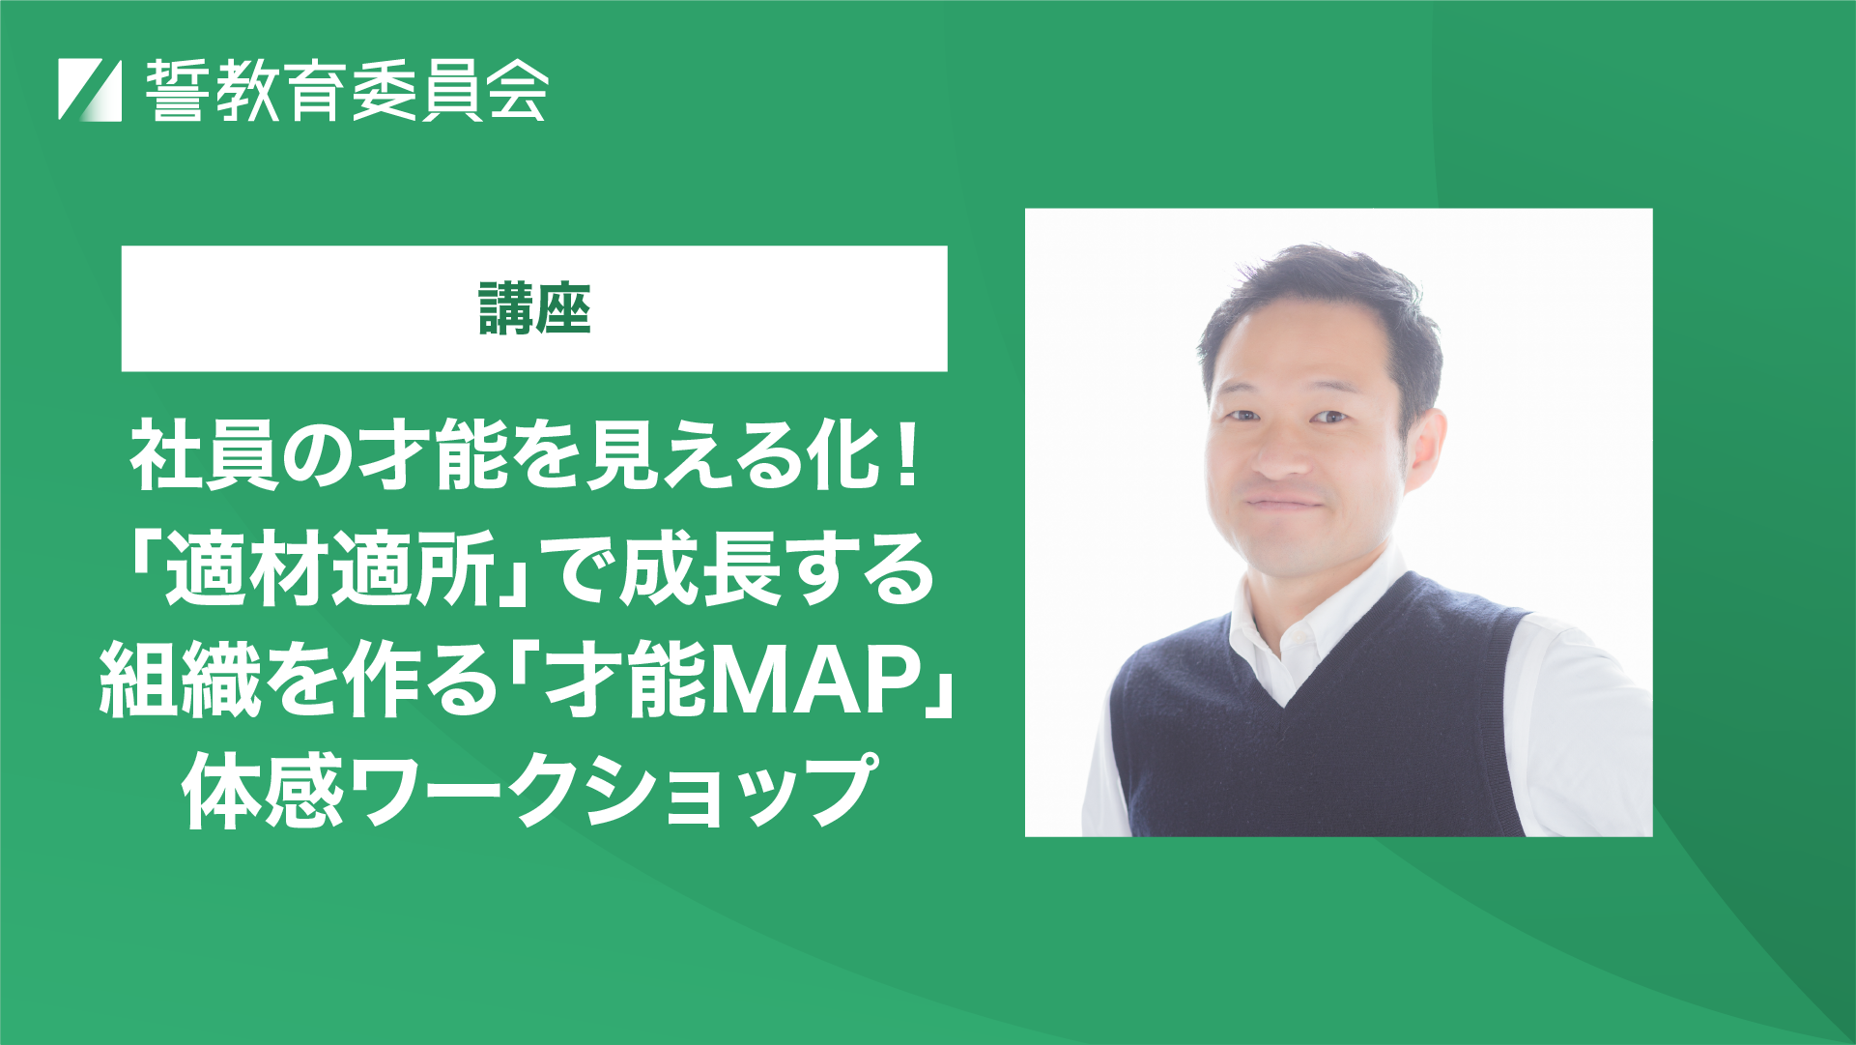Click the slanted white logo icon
[x=90, y=90]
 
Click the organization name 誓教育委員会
[x=348, y=90]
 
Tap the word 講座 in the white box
[x=534, y=308]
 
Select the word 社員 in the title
[x=205, y=457]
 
